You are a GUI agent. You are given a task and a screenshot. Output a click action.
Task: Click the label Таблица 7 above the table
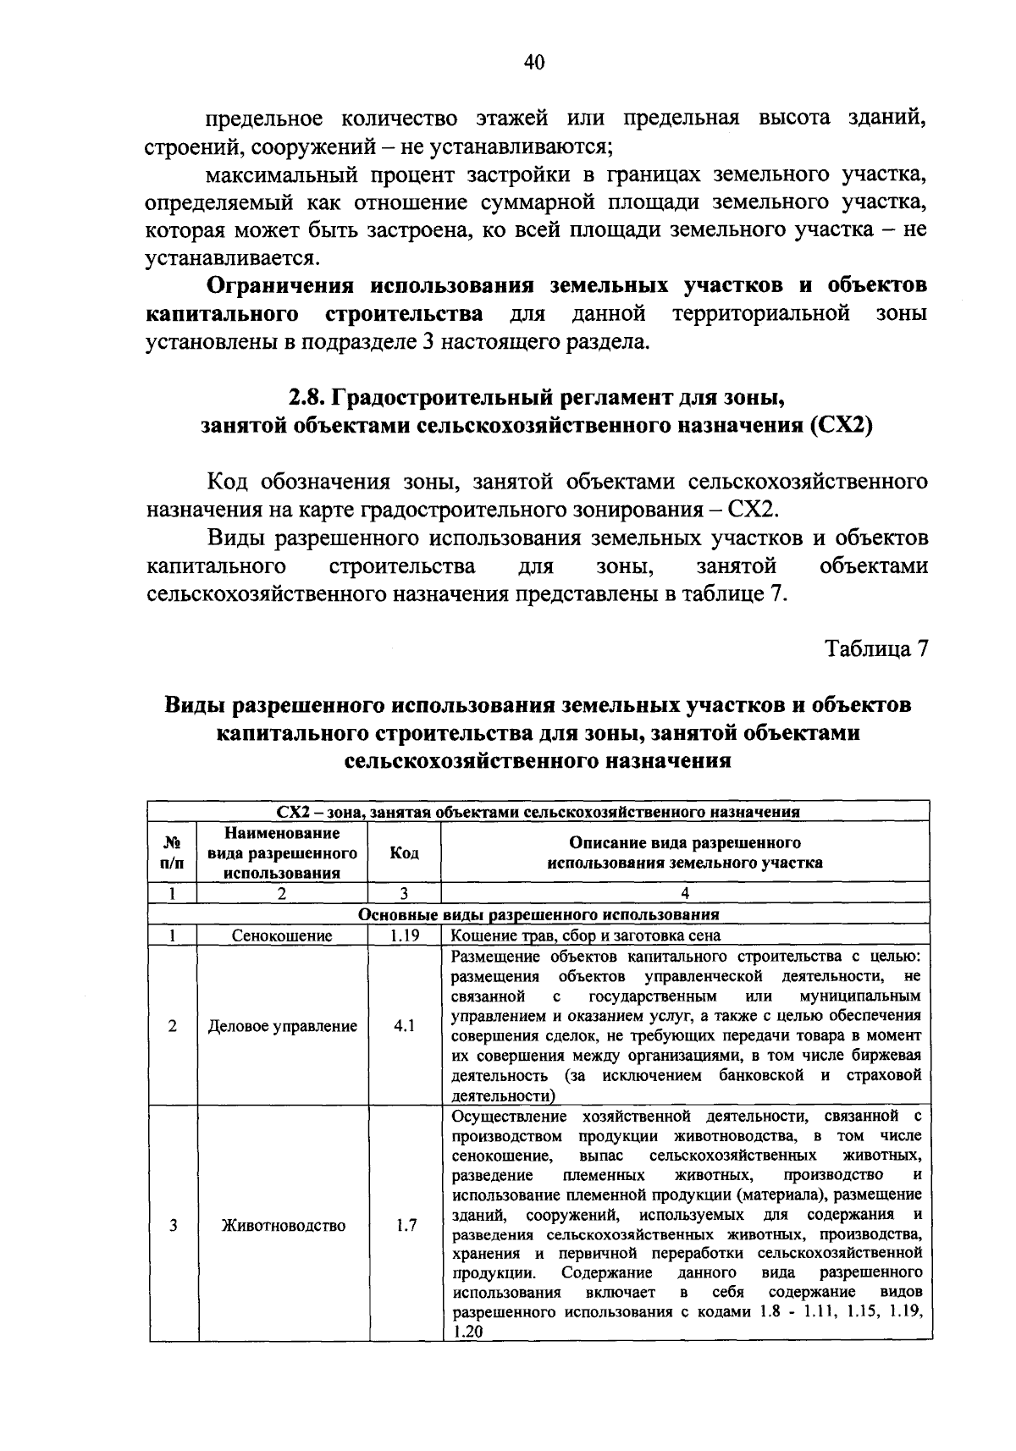[x=876, y=648]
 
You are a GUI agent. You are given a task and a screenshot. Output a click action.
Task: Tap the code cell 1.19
[x=404, y=935]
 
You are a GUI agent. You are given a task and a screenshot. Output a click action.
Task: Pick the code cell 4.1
[x=404, y=1025]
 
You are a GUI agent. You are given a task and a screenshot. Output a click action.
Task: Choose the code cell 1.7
[x=406, y=1225]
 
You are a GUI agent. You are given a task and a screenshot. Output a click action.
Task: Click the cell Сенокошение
[x=282, y=935]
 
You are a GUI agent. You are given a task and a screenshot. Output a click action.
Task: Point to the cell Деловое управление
[x=283, y=1026]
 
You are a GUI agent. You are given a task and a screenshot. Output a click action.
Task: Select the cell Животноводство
[x=283, y=1225]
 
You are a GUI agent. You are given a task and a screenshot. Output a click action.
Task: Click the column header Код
[x=404, y=852]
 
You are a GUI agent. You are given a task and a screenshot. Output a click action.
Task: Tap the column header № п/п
[x=172, y=852]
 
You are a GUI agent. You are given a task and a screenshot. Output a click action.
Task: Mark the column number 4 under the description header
[x=685, y=893]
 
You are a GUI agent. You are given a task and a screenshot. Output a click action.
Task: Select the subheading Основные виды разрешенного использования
[x=539, y=914]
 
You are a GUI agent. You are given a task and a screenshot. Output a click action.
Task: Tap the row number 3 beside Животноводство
[x=172, y=1225]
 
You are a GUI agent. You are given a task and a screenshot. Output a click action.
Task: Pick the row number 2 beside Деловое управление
[x=172, y=1026]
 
